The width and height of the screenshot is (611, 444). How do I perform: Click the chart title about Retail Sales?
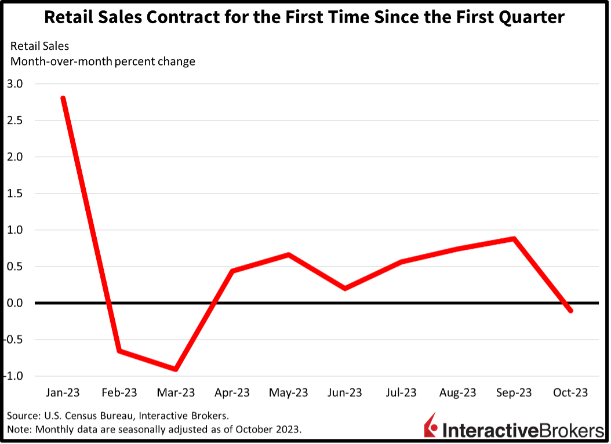point(304,18)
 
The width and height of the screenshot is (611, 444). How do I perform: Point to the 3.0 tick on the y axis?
point(16,83)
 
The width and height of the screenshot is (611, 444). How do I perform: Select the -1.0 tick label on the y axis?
point(14,376)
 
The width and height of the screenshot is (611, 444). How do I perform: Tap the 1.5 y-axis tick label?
point(16,194)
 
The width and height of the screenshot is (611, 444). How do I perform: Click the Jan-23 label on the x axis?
point(63,393)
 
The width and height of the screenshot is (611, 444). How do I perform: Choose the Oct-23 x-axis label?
point(570,393)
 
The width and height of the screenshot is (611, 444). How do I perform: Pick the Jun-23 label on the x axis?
point(345,393)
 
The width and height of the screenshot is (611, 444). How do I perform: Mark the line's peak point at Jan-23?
point(63,99)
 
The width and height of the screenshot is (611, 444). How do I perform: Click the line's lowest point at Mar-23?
point(176,369)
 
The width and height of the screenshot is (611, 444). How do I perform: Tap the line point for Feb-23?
point(119,351)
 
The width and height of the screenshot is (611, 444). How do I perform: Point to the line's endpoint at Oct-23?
point(570,311)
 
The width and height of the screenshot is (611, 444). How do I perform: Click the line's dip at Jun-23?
point(345,288)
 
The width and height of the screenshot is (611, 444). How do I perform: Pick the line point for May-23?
point(289,254)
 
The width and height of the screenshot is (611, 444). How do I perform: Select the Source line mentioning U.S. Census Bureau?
point(117,416)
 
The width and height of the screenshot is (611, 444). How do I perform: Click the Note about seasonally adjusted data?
point(154,430)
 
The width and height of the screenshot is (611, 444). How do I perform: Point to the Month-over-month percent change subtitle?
point(103,61)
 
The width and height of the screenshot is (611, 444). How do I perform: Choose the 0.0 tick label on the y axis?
point(16,303)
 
